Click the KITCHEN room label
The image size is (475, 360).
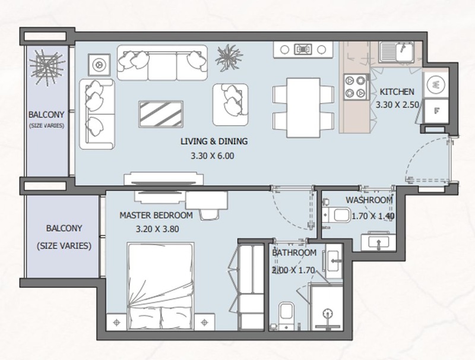point(397,91)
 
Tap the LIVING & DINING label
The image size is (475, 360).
point(214,141)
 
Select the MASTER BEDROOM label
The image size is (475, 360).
point(156,216)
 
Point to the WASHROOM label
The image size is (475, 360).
point(369,200)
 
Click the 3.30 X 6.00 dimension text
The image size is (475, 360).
point(213,156)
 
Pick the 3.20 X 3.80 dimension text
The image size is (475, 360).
point(157,229)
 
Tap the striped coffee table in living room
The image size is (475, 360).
point(161,114)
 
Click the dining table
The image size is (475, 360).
point(303,108)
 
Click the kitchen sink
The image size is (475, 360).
point(397,52)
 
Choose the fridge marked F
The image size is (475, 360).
point(436,111)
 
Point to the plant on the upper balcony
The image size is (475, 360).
point(47,67)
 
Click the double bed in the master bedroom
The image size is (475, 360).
point(160,286)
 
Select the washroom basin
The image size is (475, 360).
point(378,242)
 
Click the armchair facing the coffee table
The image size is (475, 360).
point(230,105)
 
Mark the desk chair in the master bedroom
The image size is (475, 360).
point(209,214)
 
